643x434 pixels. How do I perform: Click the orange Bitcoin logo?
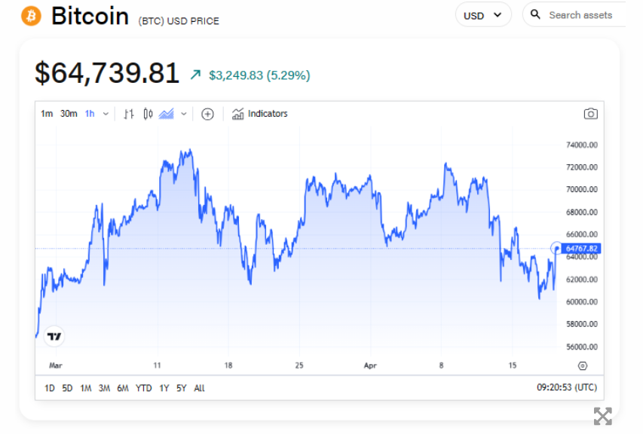point(32,16)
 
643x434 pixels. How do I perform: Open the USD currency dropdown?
point(483,15)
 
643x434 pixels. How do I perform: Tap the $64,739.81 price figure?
point(107,73)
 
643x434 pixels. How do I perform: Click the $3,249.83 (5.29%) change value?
point(259,75)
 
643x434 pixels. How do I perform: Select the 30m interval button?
point(69,114)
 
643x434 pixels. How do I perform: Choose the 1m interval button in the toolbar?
point(47,114)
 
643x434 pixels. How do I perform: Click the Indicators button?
point(260,114)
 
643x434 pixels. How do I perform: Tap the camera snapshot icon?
point(591,114)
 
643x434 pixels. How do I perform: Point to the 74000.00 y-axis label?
point(581,145)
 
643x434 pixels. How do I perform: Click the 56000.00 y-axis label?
point(581,347)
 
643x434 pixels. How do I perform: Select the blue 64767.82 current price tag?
point(581,249)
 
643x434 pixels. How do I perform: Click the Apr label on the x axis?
point(370,365)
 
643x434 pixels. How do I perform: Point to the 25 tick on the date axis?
point(299,365)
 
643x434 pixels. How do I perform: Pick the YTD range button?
point(143,388)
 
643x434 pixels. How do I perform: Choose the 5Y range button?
point(182,388)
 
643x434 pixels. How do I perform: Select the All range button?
point(199,388)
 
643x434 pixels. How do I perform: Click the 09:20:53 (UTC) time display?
point(567,388)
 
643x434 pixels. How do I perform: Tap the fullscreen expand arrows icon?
point(602,416)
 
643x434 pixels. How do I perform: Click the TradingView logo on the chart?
point(54,337)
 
